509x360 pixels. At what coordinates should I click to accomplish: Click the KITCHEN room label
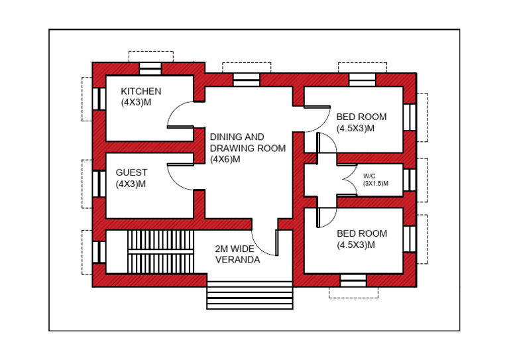(141, 91)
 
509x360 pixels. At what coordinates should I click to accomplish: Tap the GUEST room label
(131, 172)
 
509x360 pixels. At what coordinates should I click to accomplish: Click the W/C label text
(369, 176)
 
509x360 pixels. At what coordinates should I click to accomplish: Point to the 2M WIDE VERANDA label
(237, 255)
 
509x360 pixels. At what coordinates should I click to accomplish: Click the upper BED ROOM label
(361, 117)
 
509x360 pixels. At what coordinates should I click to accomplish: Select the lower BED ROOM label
(361, 233)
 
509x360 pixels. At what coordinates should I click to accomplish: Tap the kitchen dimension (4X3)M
(137, 103)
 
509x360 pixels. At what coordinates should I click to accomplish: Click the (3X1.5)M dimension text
(375, 184)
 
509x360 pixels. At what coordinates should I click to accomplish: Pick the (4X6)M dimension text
(226, 159)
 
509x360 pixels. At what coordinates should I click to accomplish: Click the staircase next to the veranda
(160, 250)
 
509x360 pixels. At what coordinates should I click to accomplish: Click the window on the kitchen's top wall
(150, 68)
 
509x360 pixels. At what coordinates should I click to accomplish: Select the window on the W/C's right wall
(410, 179)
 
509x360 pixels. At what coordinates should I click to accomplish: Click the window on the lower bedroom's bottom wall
(353, 280)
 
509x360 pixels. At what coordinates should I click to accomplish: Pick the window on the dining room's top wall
(247, 80)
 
